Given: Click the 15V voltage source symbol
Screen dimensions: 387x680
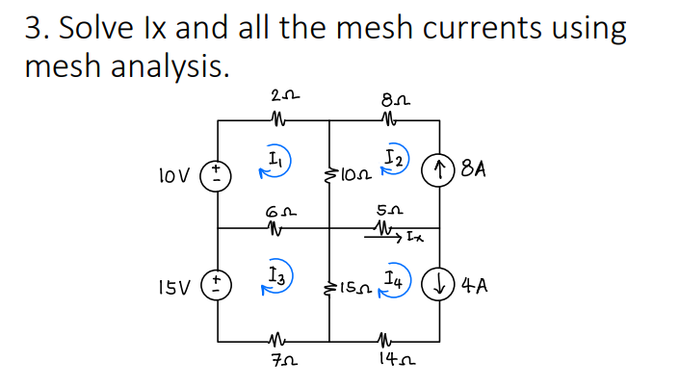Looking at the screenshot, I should click(218, 286).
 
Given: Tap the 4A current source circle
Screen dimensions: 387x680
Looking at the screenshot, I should click(441, 285).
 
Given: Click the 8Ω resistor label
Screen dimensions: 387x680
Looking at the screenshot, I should click(391, 96).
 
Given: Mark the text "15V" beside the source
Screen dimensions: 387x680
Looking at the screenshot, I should click(174, 286).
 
